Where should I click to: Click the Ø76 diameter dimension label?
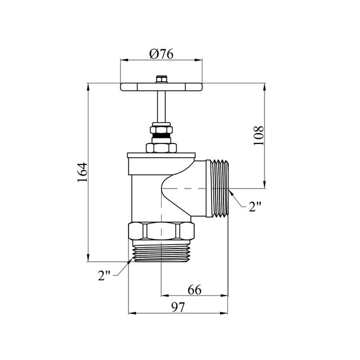pyautogui.click(x=161, y=54)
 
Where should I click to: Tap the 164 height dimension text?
pyautogui.click(x=82, y=173)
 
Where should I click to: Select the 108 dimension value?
pyautogui.click(x=258, y=135)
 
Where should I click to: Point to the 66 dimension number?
pyautogui.click(x=194, y=290)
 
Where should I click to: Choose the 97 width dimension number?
pyautogui.click(x=178, y=307)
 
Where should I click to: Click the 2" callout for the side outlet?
pyautogui.click(x=255, y=207)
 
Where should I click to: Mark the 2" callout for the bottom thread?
pyautogui.click(x=104, y=275)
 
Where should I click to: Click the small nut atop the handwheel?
pyautogui.click(x=162, y=79)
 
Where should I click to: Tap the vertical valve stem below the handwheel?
pyautogui.click(x=161, y=107)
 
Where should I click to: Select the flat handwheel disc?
pyautogui.click(x=161, y=87)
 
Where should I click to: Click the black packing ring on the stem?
pyautogui.click(x=161, y=135)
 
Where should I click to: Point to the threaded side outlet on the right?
pyautogui.click(x=217, y=188)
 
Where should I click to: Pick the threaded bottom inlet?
pyautogui.click(x=162, y=251)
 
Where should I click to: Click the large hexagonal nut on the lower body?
pyautogui.click(x=161, y=231)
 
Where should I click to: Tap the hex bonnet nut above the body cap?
pyautogui.click(x=161, y=147)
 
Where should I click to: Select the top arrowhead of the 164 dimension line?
pyautogui.click(x=88, y=87)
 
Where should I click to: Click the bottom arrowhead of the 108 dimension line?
pyautogui.click(x=265, y=185)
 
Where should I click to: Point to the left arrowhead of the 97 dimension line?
pyautogui.click(x=132, y=313)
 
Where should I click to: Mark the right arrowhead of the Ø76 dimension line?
pyautogui.click(x=198, y=60)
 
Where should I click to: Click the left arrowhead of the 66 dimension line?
pyautogui.click(x=165, y=296)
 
